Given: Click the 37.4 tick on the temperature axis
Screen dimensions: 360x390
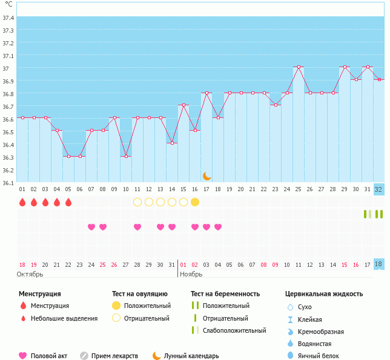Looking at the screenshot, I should click(x=8, y=18).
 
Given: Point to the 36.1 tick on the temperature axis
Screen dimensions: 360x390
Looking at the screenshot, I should click(x=8, y=183).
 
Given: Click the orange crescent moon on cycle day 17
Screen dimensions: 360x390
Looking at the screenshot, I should click(x=207, y=175).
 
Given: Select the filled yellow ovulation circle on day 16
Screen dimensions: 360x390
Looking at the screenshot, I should click(x=195, y=202).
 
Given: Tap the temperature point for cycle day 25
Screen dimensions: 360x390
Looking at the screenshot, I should click(x=299, y=67).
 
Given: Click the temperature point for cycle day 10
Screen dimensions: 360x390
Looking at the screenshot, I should click(x=126, y=156).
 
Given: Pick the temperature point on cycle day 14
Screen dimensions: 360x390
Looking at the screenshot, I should click(x=172, y=143).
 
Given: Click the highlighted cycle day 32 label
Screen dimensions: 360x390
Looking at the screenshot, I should click(x=379, y=189).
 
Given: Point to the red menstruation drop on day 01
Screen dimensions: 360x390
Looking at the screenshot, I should click(x=22, y=202).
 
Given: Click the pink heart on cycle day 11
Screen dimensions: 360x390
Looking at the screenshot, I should click(x=137, y=227).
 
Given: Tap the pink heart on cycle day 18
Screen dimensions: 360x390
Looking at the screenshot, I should click(x=218, y=227).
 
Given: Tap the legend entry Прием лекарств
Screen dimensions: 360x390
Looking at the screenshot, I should click(x=114, y=356).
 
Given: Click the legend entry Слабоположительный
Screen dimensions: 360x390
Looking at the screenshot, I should click(x=234, y=330).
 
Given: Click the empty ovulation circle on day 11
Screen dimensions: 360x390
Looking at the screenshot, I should click(x=137, y=202).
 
